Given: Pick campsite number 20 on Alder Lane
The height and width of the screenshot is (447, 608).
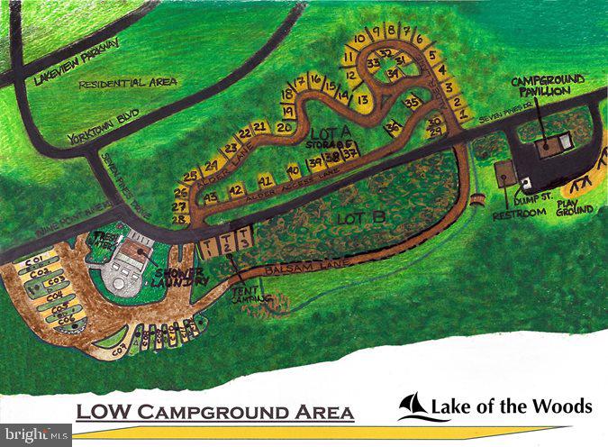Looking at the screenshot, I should (x=284, y=128).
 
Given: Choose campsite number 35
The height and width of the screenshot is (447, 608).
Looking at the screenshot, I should (x=413, y=103).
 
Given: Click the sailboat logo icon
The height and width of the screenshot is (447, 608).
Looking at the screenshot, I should (x=413, y=406).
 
